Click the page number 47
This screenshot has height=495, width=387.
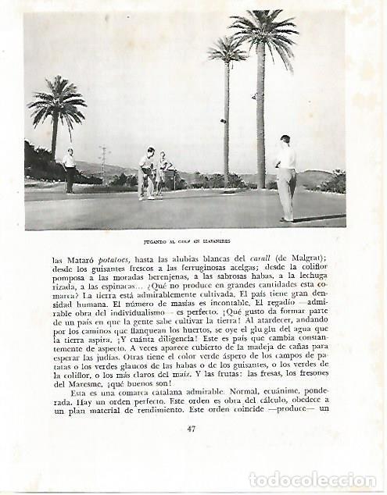tap(192, 428)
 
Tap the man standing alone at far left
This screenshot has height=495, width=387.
tap(70, 169)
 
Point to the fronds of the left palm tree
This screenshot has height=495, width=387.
tap(56, 102)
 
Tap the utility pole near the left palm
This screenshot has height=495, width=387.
tap(102, 163)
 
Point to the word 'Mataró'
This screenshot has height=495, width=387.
tap(83, 259)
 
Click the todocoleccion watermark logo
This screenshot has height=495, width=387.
tap(312, 479)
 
